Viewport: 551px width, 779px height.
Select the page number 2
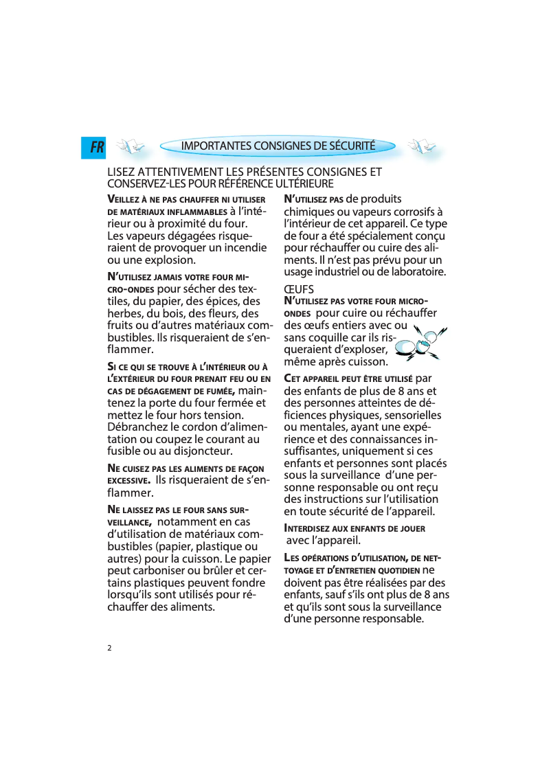click(109, 648)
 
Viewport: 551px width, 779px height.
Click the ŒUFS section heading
click(299, 290)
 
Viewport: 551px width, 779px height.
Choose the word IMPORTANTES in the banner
click(216, 146)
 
